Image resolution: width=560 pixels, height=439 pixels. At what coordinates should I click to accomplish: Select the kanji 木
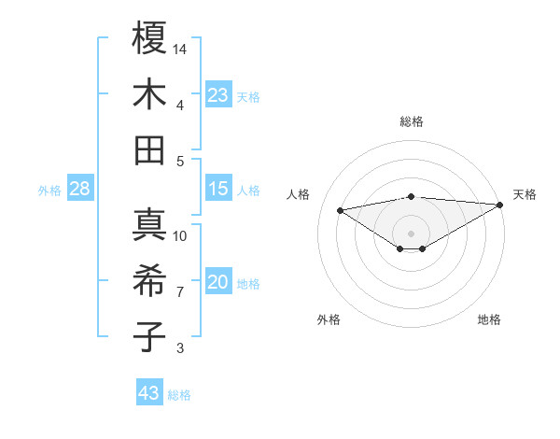(x=150, y=94)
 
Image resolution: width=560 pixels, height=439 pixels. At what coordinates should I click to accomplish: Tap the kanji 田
(x=150, y=150)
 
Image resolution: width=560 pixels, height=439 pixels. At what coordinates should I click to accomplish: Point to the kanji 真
(x=150, y=226)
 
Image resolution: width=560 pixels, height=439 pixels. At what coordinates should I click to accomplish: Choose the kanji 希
(x=150, y=283)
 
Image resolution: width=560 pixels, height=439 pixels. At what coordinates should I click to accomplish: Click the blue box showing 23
(x=218, y=94)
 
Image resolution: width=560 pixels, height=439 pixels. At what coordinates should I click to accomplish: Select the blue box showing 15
(x=218, y=189)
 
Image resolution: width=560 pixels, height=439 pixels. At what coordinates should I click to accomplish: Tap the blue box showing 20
(x=218, y=283)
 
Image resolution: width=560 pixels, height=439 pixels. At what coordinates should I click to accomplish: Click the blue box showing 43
(x=149, y=393)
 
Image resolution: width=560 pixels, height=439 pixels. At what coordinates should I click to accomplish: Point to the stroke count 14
(x=181, y=48)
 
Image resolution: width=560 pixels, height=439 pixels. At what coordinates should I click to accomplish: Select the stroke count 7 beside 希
(x=181, y=292)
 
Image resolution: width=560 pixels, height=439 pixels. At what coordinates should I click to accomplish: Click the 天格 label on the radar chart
(x=525, y=194)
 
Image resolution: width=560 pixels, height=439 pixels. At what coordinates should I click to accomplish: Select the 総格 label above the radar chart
(x=411, y=121)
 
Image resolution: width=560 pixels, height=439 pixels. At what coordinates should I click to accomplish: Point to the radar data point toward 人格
(x=341, y=209)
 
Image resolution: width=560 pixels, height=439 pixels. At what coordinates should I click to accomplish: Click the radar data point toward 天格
(x=501, y=205)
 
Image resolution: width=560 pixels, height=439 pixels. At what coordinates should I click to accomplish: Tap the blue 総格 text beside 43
(x=179, y=395)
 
